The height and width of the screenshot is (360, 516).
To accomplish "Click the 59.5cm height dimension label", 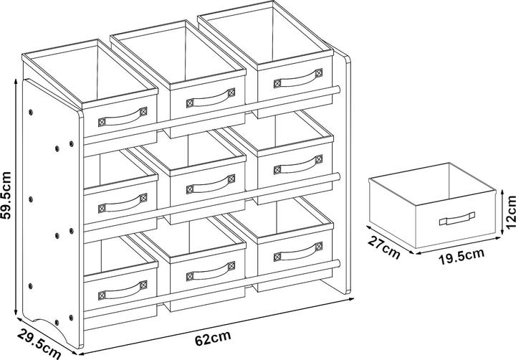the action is [x=6, y=195].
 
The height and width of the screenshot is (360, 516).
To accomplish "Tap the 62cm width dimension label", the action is [x=213, y=338].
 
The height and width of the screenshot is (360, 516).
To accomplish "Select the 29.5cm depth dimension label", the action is [x=39, y=344].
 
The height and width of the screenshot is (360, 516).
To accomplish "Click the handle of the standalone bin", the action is [x=457, y=219].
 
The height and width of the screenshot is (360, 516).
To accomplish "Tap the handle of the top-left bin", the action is [x=123, y=118].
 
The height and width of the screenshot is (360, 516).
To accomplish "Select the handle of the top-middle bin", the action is [x=211, y=98].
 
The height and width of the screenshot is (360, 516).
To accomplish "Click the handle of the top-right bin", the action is [x=298, y=78].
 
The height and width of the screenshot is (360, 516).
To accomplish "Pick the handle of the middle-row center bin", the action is [x=211, y=184].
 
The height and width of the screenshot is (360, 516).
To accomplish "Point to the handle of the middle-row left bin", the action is [x=123, y=204].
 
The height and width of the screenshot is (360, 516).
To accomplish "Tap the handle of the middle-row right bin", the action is [x=298, y=165].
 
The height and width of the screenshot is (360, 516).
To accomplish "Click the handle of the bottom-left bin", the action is [x=123, y=290].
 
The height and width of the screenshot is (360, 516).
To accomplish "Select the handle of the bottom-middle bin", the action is [x=211, y=271].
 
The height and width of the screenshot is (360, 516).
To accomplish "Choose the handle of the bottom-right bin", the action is [x=298, y=252].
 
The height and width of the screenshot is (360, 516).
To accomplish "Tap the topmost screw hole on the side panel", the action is [x=31, y=113].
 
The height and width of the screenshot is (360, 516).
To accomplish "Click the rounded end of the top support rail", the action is [x=338, y=89].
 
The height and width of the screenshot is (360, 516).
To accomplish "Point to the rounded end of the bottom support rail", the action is [x=338, y=263].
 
